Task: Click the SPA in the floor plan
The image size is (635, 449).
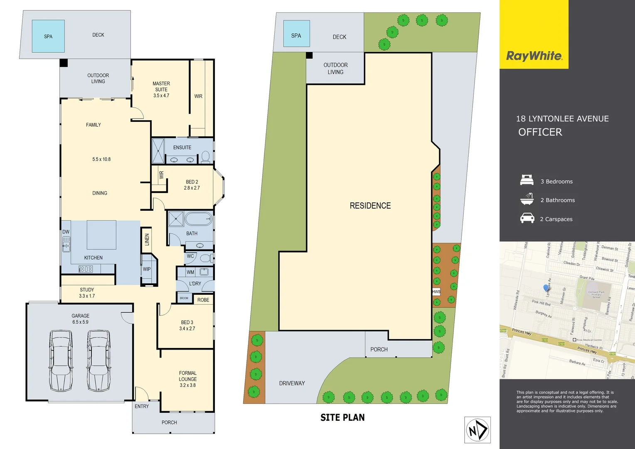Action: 48,36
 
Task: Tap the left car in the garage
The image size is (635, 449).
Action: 61,360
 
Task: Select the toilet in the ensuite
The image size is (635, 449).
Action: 205,157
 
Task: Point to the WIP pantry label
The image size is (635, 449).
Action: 147,269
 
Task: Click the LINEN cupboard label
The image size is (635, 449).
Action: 147,239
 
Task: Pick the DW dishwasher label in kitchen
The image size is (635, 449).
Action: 66,232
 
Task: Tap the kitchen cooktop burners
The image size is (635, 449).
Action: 86,269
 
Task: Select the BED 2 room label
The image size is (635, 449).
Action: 192,185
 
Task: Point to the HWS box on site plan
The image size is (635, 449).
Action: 436,292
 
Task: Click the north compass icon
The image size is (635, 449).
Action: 477,430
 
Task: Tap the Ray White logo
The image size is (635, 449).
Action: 534,56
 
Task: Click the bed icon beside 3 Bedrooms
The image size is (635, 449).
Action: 527,180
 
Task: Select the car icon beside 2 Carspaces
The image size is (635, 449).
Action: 527,218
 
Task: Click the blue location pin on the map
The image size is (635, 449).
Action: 546,288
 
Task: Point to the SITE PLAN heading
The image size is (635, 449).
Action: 342,417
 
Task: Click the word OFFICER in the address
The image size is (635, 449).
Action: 540,132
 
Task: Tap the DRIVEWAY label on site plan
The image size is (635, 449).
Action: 292,383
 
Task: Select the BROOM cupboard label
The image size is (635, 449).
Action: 184,298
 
